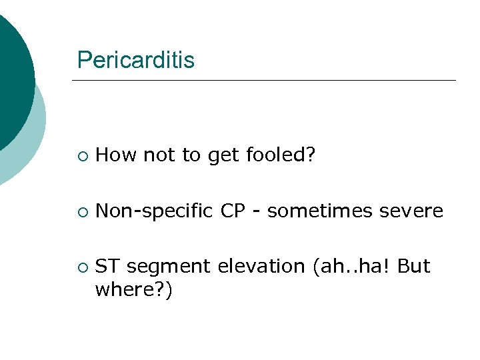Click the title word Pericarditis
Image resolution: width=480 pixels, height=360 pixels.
(136, 60)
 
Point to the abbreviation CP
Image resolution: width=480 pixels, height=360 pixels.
(233, 211)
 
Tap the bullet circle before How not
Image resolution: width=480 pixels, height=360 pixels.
(81, 156)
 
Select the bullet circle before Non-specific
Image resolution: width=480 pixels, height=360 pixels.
(81, 212)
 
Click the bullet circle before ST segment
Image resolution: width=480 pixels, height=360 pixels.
(81, 267)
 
